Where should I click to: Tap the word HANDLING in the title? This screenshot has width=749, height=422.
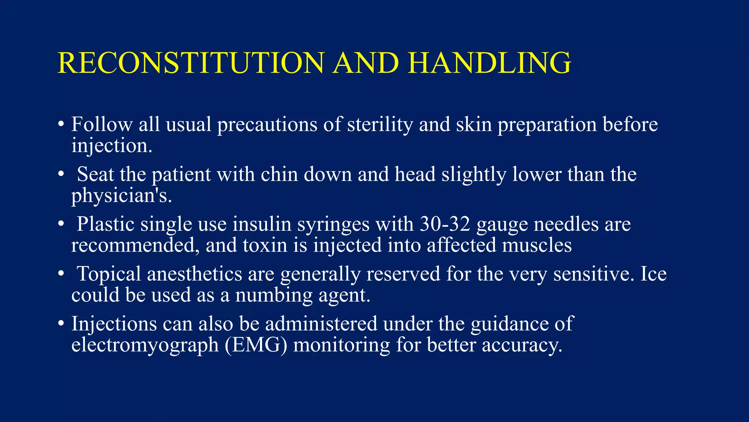click(490, 63)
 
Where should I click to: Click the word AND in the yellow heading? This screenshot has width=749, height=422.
click(366, 63)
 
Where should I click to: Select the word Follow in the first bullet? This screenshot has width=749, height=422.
click(102, 124)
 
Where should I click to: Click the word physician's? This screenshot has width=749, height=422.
click(121, 196)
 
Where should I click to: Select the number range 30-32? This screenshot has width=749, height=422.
click(444, 224)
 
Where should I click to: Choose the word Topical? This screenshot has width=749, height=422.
click(109, 274)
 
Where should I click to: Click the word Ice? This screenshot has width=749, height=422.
click(654, 274)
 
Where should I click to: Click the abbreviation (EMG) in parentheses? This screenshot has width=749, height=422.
click(256, 345)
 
